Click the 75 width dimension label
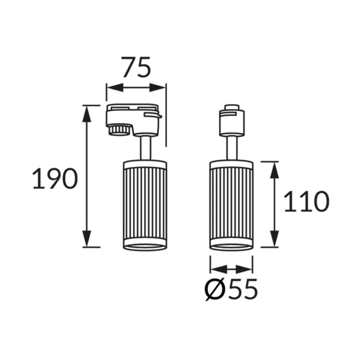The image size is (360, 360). coord(137,67)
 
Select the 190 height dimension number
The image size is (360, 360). coord(55,178)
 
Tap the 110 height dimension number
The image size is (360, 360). coord(307,202)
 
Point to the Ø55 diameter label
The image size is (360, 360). coord(231,289)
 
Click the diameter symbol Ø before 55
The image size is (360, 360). coord(214,289)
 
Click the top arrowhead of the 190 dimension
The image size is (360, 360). coord(87,114)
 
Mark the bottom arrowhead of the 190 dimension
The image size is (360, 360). coord(87,239)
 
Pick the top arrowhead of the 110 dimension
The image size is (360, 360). coord(274,170)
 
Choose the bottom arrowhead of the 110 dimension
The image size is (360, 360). coord(274,239)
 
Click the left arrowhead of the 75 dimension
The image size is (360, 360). coord(115,87)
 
